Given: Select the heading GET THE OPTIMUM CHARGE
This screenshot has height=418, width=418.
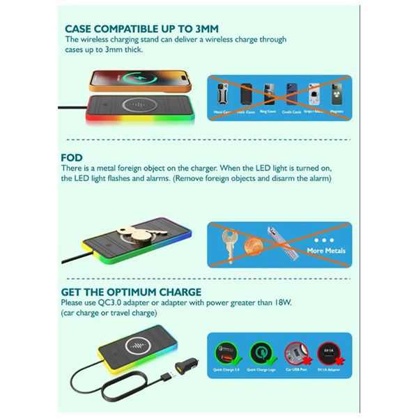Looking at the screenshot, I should pyautogui.click(x=133, y=291).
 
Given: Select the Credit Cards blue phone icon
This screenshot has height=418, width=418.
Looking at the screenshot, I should pyautogui.click(x=292, y=94).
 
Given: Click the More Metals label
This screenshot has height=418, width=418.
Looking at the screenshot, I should pyautogui.click(x=325, y=250).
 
